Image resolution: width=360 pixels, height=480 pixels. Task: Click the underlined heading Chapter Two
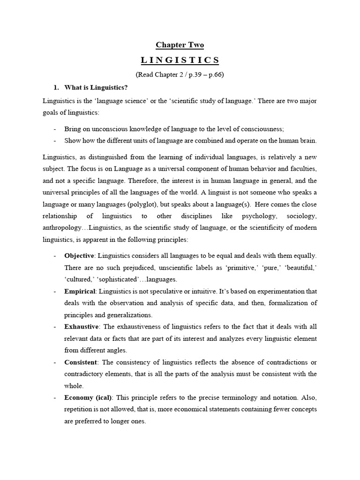point(180,45)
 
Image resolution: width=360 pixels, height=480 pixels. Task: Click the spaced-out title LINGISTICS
point(180,60)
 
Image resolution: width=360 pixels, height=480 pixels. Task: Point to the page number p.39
point(194,75)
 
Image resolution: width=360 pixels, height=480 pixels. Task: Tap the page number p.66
point(215,75)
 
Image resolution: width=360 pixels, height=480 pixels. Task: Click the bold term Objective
point(79,255)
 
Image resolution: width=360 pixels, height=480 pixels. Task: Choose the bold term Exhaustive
point(82,327)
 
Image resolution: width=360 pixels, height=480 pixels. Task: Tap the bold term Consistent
point(81,362)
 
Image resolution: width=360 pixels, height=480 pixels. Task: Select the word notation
point(281,397)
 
